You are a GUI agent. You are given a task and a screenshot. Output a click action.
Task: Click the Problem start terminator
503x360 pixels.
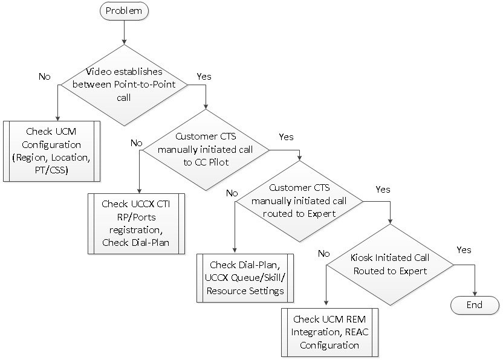coord(124,10)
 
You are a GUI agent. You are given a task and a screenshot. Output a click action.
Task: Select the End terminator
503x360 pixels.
coord(474,305)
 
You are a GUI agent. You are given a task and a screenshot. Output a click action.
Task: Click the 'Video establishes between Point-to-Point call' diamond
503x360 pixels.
coord(124,84)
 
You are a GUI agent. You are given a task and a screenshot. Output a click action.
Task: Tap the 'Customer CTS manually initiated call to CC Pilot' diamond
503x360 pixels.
coord(206,149)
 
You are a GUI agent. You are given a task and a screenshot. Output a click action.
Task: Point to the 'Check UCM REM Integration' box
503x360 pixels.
coord(326,332)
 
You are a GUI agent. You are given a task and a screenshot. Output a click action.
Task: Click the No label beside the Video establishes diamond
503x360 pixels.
coord(45,77)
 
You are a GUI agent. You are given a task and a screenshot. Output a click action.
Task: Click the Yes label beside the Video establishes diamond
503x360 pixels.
coord(204,77)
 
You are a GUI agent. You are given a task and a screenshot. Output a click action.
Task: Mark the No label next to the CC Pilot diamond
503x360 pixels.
coord(137,143)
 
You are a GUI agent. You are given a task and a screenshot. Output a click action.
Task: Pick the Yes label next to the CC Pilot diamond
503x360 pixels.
coord(285,137)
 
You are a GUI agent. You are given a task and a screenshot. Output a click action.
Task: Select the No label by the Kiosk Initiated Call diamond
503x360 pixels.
coord(323,253)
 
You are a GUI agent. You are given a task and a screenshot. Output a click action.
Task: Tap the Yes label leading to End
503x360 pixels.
coord(464,249)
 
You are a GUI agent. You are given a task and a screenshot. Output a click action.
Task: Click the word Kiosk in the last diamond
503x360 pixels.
coord(362,259)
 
